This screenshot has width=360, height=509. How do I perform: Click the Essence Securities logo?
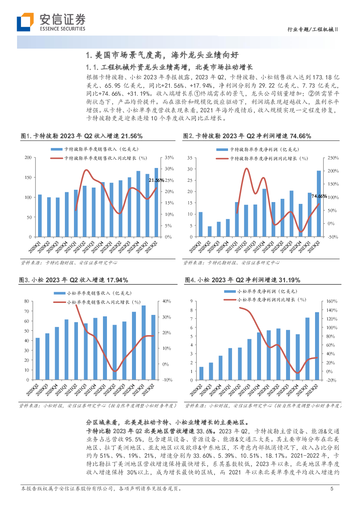(51, 22)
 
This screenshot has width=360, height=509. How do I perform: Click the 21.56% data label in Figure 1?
(156, 180)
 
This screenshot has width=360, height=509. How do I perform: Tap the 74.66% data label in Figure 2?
(319, 196)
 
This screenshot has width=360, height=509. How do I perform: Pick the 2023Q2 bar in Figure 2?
(319, 204)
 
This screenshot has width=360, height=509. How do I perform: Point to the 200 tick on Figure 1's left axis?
(28, 157)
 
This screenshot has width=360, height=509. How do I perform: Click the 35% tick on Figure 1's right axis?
(169, 157)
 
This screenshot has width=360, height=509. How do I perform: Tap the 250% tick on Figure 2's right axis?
(333, 158)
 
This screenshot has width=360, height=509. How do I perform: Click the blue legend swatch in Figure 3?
(59, 293)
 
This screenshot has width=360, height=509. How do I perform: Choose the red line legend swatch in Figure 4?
(230, 300)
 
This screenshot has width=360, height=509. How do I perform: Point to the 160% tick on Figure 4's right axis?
(332, 301)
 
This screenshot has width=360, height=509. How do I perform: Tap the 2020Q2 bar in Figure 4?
(202, 373)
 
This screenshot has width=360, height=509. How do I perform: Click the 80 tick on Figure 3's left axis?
(26, 301)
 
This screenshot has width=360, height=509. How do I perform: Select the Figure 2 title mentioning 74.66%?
(247, 136)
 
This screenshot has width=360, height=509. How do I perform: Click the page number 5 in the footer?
(332, 489)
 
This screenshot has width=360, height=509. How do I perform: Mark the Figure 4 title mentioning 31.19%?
(243, 280)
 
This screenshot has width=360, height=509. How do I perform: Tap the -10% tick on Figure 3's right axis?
(167, 380)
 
